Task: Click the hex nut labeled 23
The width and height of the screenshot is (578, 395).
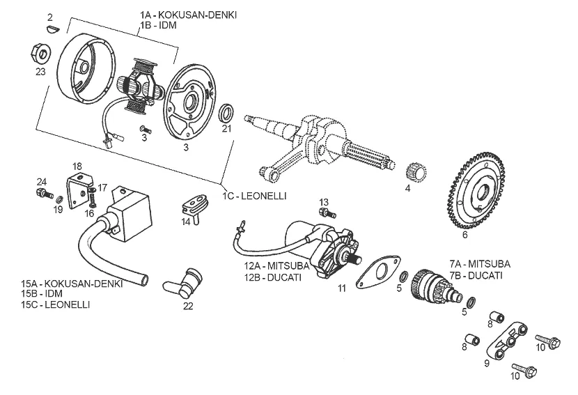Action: click(40, 52)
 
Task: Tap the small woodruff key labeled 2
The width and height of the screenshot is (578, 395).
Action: click(52, 27)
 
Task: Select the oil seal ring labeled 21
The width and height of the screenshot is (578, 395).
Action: click(226, 114)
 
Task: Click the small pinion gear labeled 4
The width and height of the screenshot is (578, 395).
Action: click(416, 172)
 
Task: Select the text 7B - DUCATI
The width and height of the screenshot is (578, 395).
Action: click(476, 275)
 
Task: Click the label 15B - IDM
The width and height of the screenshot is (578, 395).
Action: click(42, 294)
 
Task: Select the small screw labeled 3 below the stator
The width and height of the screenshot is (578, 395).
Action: click(145, 129)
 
